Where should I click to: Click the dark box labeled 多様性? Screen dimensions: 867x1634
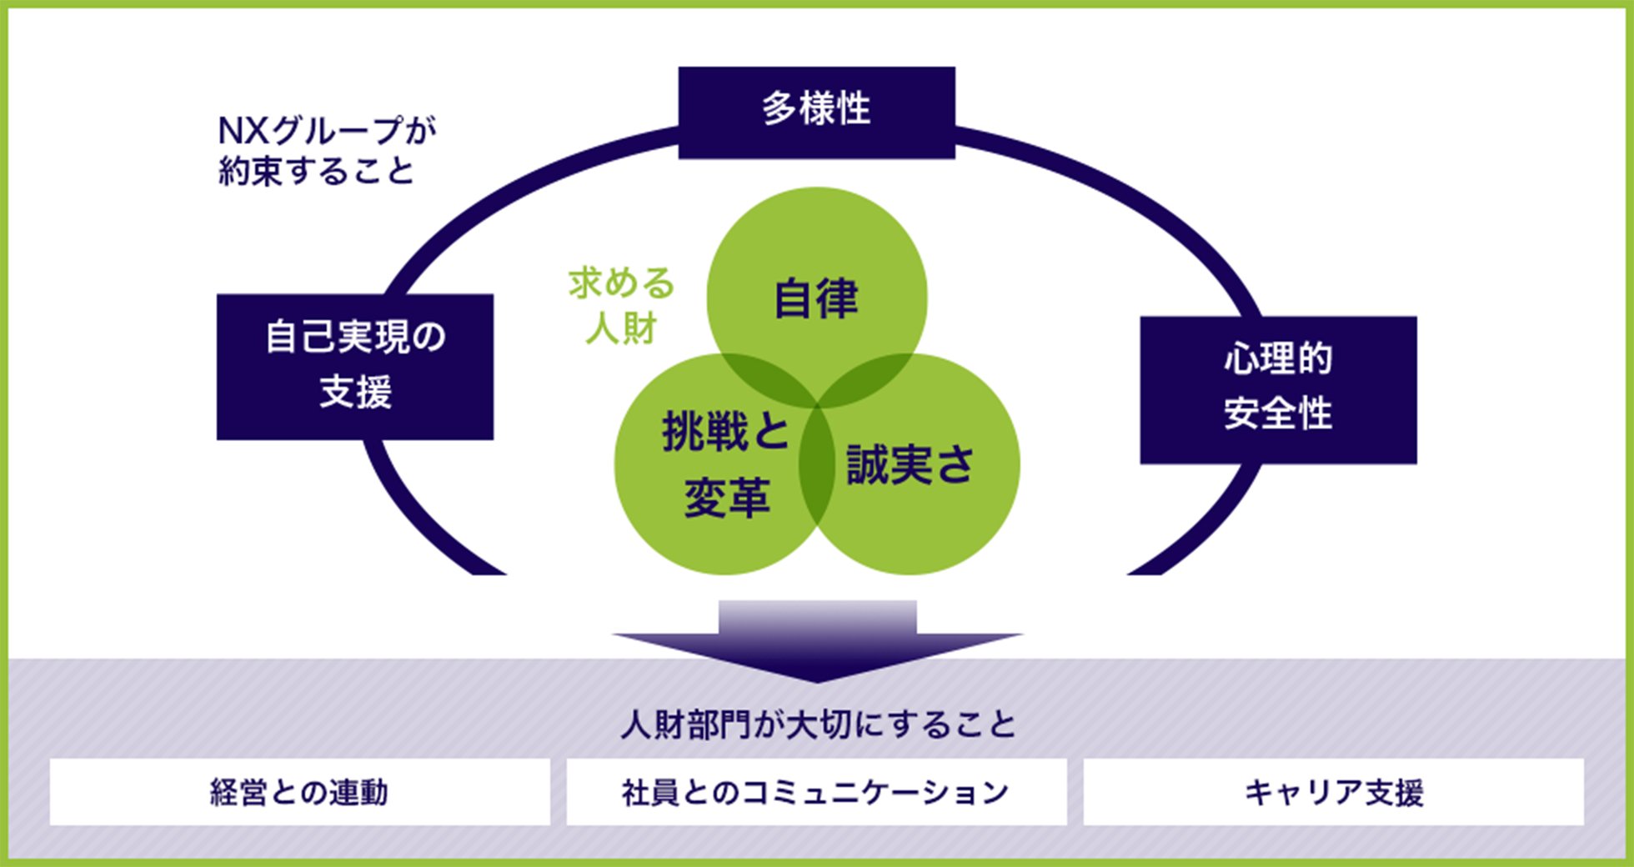pos(816,112)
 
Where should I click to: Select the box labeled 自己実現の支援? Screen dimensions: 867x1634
pos(354,366)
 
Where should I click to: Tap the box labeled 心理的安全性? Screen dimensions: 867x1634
pos(1277,389)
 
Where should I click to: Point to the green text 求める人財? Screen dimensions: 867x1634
pos(621,305)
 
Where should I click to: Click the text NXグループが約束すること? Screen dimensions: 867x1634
pos(325,150)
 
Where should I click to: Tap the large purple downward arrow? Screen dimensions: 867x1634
pos(817,642)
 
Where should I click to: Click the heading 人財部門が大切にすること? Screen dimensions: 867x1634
pos(817,724)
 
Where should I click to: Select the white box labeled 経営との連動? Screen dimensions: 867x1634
pos(299,791)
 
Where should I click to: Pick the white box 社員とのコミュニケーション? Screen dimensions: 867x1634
pos(816,791)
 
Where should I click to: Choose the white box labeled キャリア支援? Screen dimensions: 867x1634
pos(1333,791)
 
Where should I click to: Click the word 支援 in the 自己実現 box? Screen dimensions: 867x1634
pos(355,392)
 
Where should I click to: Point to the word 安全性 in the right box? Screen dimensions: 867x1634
pos(1277,413)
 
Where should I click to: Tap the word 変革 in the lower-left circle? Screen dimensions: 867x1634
pos(726,499)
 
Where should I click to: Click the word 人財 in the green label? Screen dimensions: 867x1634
pos(621,328)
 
